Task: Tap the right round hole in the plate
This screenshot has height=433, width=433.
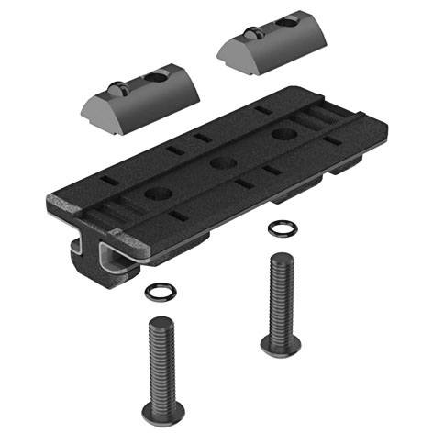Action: pos(279,135)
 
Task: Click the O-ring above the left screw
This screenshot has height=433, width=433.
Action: pos(159,293)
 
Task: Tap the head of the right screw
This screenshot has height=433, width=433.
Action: pos(277,344)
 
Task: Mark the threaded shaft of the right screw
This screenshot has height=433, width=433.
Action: pos(279,294)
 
